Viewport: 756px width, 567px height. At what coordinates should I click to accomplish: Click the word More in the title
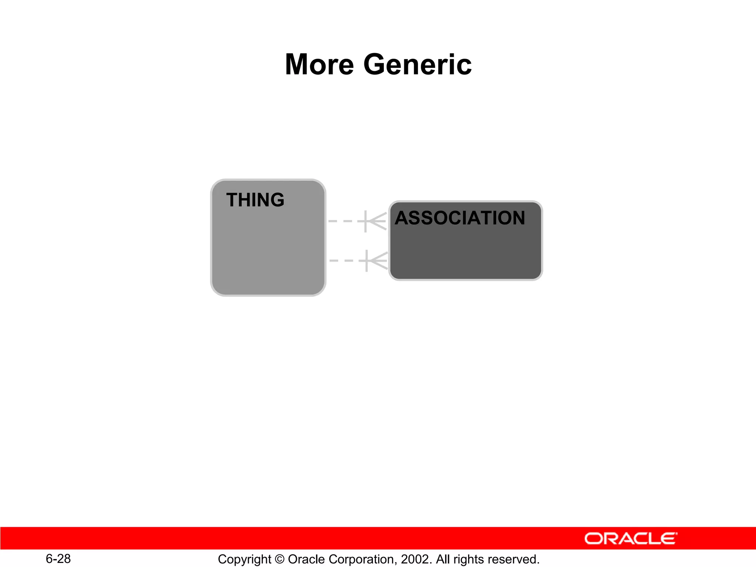(x=319, y=65)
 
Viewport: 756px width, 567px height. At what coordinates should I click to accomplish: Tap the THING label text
(x=255, y=200)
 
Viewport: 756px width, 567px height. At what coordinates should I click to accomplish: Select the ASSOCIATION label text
(x=460, y=218)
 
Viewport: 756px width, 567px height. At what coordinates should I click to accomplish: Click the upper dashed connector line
(x=343, y=221)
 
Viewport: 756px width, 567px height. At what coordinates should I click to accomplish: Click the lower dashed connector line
(x=344, y=261)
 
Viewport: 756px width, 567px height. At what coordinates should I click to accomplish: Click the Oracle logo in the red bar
(x=631, y=539)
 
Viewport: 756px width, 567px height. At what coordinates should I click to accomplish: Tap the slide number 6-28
(x=58, y=559)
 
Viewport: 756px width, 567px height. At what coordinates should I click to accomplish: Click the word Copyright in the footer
(x=244, y=559)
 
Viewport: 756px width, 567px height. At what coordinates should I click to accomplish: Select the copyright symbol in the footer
(x=279, y=559)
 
